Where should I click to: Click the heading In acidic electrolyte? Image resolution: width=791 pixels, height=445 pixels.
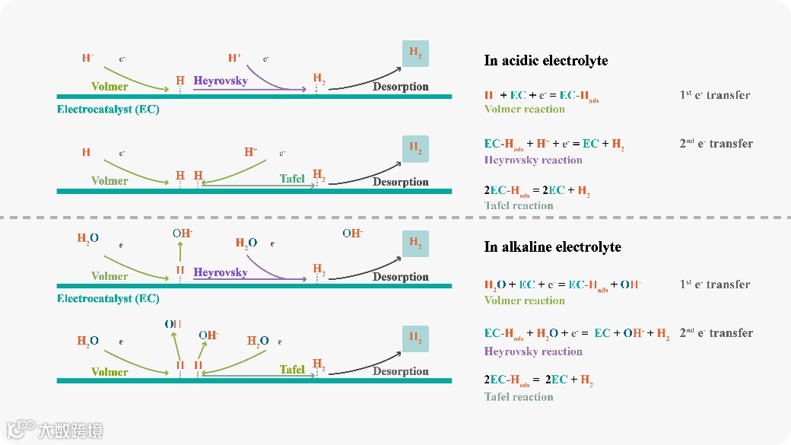(545, 61)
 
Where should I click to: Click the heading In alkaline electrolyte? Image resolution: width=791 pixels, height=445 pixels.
(552, 247)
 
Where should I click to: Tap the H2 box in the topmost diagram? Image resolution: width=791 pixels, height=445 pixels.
(415, 53)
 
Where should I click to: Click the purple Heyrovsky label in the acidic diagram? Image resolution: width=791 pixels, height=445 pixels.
(220, 81)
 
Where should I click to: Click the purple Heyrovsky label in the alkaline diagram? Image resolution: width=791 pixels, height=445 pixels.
(220, 272)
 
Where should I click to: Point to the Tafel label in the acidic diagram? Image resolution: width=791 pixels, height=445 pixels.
(292, 179)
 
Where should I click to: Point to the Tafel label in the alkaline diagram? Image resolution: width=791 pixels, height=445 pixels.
(292, 370)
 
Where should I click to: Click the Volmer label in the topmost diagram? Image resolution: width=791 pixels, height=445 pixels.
(110, 87)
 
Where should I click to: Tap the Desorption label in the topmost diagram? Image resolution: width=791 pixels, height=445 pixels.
(401, 87)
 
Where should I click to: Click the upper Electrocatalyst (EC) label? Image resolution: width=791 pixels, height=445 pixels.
(108, 110)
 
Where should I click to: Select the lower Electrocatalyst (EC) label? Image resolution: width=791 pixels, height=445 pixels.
(108, 299)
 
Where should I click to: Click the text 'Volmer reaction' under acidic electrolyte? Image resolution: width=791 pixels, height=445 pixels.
(525, 110)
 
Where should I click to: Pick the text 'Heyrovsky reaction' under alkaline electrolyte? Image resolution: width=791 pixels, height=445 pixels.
(533, 351)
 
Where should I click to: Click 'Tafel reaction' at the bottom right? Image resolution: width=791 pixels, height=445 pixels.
(519, 397)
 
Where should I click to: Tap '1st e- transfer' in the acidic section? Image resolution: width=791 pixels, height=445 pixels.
(715, 96)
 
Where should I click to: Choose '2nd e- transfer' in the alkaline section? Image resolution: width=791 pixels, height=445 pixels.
(716, 333)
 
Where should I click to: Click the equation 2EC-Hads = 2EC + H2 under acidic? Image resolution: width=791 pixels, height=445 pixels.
(537, 192)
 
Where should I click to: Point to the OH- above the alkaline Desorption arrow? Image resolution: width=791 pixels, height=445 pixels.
(352, 234)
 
